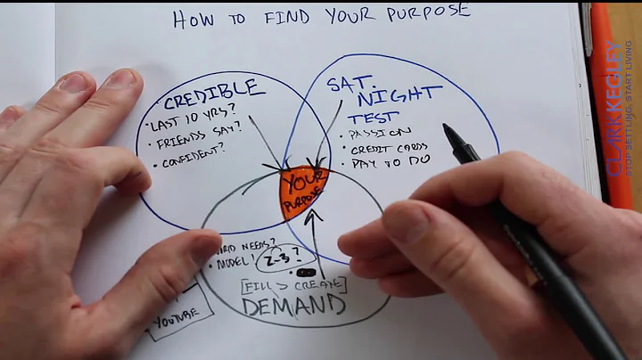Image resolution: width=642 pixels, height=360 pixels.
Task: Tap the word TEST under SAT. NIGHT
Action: click(373, 118)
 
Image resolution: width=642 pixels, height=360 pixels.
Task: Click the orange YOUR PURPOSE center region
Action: click(304, 189)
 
